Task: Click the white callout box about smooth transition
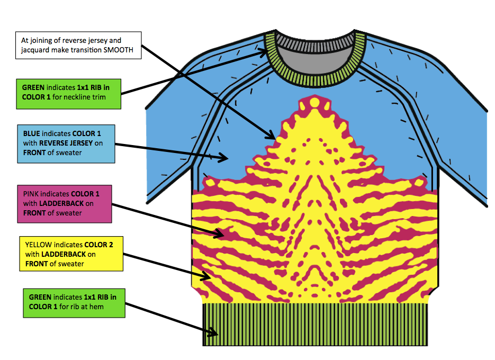[x=78, y=44]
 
